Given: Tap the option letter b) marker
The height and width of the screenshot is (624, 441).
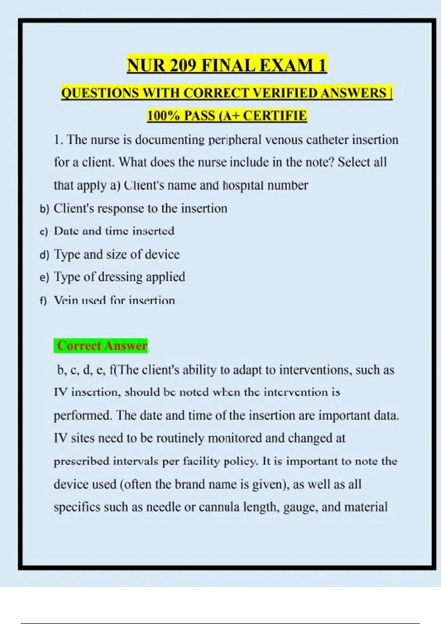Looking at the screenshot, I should (x=44, y=209).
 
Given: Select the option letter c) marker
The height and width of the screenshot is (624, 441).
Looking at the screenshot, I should (x=44, y=232).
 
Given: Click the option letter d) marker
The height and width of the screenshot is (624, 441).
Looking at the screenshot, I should (x=44, y=255).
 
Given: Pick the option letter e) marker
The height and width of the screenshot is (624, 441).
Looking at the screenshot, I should (x=44, y=278).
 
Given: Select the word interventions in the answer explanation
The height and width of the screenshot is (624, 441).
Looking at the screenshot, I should (x=315, y=370).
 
